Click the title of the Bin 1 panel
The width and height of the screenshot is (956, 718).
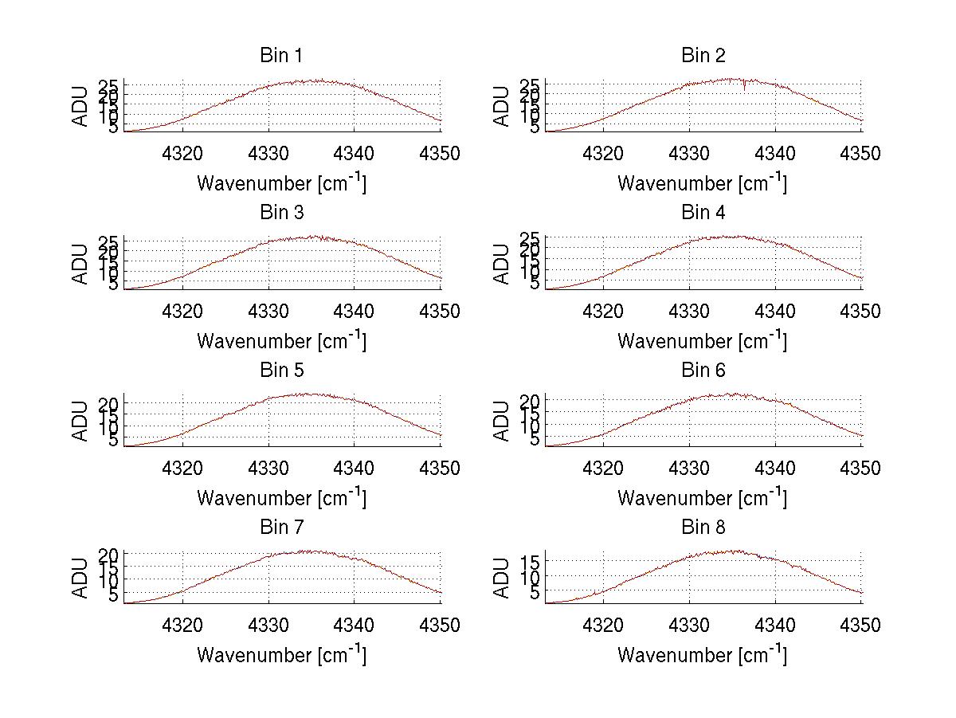(281, 56)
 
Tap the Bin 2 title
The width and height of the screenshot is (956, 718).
(703, 56)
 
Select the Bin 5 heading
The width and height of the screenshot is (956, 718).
(281, 371)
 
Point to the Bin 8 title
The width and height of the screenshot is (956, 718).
(703, 528)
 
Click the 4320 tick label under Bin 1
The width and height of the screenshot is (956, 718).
(183, 154)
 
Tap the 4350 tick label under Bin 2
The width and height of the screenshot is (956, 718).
(860, 154)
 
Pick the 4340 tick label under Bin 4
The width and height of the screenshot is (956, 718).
(775, 312)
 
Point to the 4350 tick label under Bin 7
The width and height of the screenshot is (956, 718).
(440, 626)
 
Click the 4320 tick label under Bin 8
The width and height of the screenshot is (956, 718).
(604, 626)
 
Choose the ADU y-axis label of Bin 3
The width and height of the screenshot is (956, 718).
(80, 264)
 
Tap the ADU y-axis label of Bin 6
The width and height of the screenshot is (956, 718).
(501, 421)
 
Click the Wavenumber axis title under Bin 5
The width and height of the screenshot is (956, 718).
(281, 498)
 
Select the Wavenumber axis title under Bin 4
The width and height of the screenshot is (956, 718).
(702, 341)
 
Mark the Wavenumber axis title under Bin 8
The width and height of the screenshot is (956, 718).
(702, 655)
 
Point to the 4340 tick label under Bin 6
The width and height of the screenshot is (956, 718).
(775, 469)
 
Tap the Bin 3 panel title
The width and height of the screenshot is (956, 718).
(281, 213)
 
